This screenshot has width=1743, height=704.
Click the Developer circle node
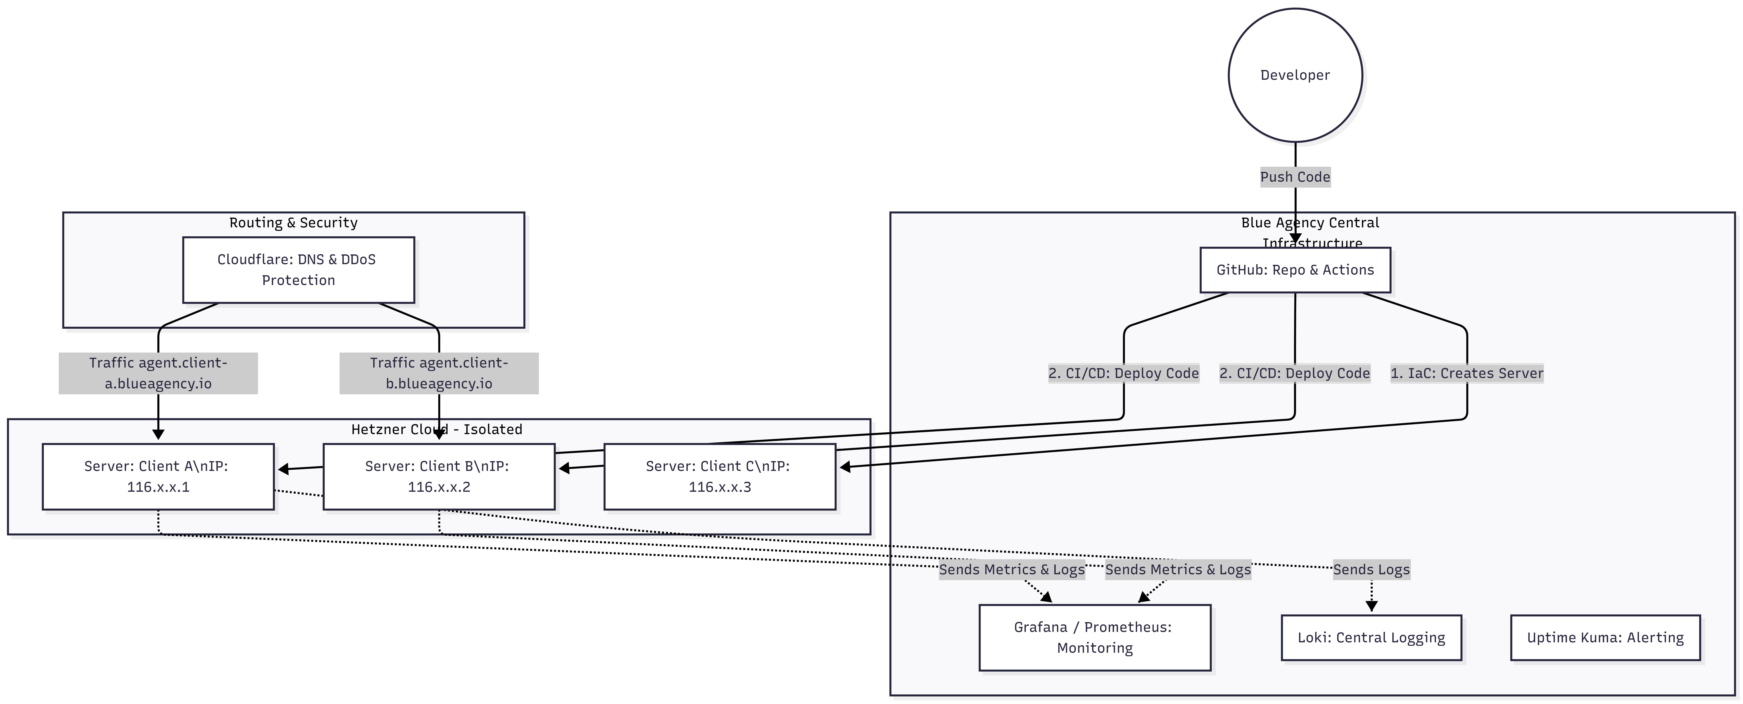pyautogui.click(x=1294, y=75)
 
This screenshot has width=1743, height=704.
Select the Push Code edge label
pyautogui.click(x=1294, y=177)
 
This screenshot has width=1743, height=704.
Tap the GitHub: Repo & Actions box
pyautogui.click(x=1294, y=270)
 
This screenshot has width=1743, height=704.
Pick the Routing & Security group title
pyautogui.click(x=293, y=222)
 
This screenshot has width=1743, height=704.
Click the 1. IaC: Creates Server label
pyautogui.click(x=1466, y=373)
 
